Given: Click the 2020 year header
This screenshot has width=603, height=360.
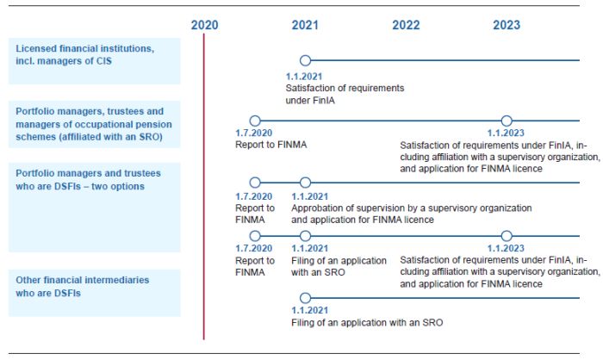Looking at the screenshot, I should point(204,25).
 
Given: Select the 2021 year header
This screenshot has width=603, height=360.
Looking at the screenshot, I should point(305,25).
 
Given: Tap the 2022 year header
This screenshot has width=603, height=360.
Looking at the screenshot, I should point(406,25).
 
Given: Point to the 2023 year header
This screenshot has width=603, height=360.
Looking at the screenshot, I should point(507,25).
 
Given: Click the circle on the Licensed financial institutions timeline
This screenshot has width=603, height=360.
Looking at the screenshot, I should point(305,60).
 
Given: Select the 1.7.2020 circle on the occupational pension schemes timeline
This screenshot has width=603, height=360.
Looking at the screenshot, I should point(254,121).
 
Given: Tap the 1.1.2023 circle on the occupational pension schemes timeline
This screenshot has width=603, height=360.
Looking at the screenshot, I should point(507,121).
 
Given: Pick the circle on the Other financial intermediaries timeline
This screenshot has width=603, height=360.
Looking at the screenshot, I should point(305,298).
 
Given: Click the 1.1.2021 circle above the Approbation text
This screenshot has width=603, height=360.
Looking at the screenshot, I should point(305,183).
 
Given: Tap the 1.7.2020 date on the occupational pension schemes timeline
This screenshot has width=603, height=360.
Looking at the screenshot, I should point(252,133).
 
